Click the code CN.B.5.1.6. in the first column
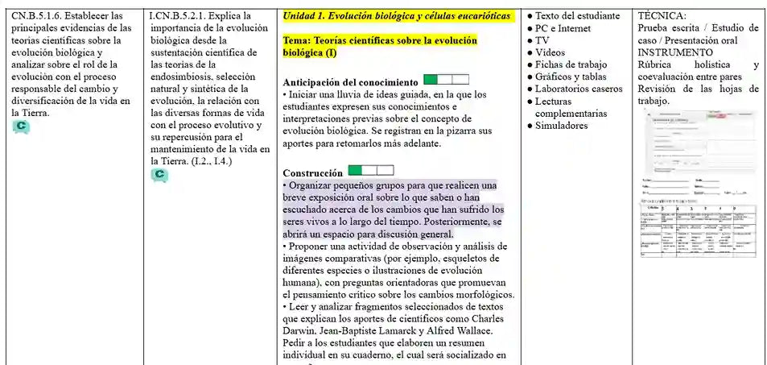(x=40, y=15)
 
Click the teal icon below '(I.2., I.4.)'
(x=160, y=175)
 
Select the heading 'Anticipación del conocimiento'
(x=351, y=82)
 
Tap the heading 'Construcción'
(x=313, y=173)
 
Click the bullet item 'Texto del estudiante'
(x=577, y=15)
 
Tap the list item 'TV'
(x=542, y=40)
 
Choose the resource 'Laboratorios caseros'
(x=578, y=89)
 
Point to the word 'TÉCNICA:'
(x=662, y=15)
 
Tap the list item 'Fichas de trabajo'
(x=571, y=64)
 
